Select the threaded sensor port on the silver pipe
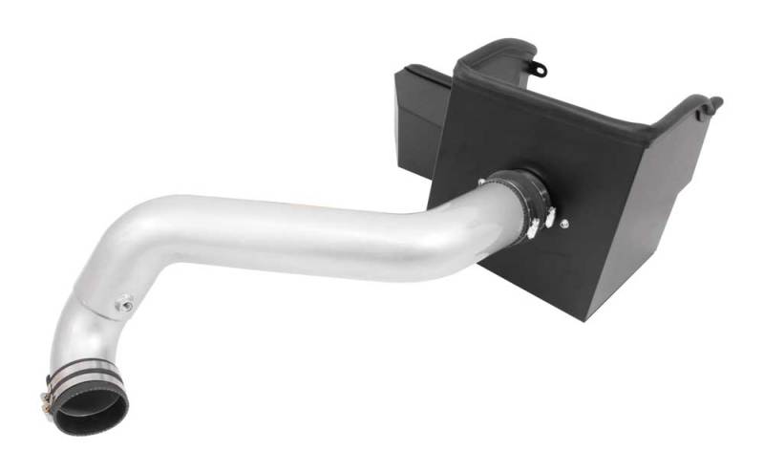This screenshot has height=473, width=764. [122, 305]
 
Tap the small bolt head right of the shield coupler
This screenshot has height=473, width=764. [562, 225]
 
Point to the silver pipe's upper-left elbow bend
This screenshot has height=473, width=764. [124, 234]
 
